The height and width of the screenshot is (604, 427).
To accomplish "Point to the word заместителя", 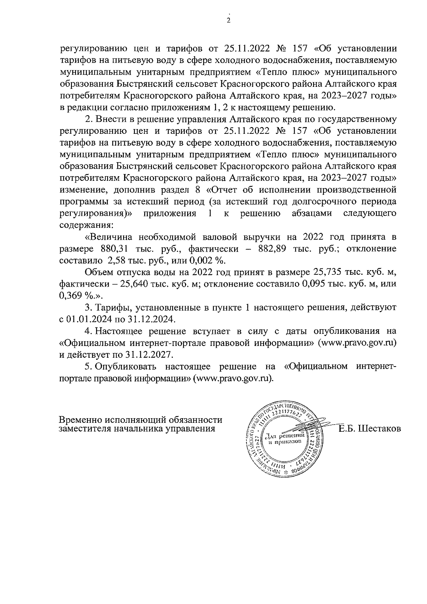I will (84, 429).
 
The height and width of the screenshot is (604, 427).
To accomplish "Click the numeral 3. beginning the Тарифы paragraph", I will (89, 307).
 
